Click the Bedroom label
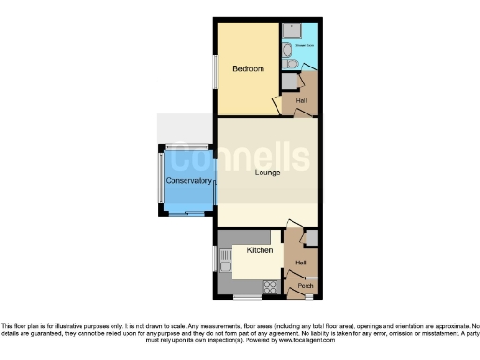click(x=248, y=69)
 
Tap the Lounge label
click(x=267, y=172)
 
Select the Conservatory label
click(x=188, y=180)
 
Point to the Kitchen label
click(x=260, y=250)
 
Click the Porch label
click(x=305, y=285)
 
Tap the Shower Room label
click(x=304, y=44)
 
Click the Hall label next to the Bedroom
click(x=301, y=100)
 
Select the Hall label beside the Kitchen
click(x=301, y=262)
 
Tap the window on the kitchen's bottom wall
click(x=247, y=297)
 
